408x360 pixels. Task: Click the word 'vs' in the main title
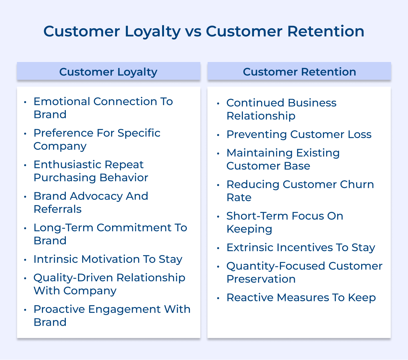tap(193, 31)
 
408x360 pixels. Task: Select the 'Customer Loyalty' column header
tap(108, 72)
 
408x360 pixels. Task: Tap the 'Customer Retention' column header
tap(299, 72)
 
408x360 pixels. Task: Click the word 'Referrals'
tap(58, 209)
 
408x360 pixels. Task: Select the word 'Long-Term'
tap(63, 228)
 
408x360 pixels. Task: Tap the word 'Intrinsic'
tap(56, 259)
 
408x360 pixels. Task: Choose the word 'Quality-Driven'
tap(73, 278)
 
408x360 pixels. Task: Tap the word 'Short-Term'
tap(257, 216)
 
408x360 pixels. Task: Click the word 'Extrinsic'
tap(250, 247)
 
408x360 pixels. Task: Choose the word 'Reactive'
tap(250, 297)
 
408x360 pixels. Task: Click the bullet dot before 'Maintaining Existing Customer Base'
tap(218, 154)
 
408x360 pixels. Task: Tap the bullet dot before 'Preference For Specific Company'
tap(25, 134)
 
